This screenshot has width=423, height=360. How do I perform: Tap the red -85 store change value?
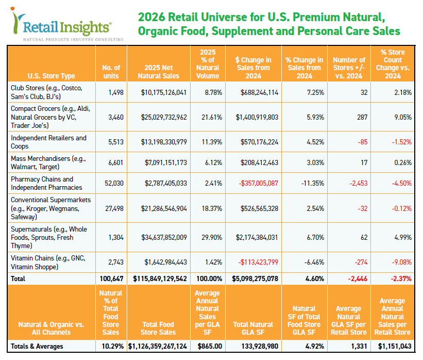[x=360, y=142]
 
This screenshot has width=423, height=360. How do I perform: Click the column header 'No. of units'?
[x=111, y=72]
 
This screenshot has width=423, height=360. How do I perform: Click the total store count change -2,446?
[x=356, y=279]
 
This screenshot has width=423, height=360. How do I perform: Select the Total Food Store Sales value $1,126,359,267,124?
[x=158, y=346]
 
